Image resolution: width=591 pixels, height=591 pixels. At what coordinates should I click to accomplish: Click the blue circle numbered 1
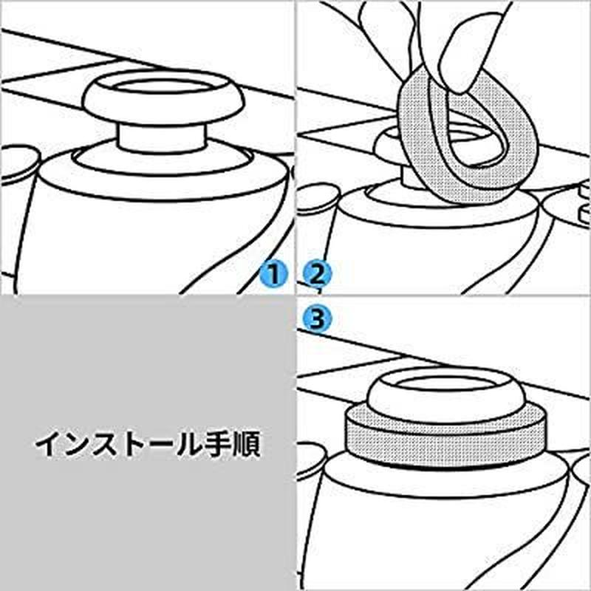(x=273, y=276)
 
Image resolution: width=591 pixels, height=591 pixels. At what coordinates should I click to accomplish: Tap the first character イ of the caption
(x=49, y=445)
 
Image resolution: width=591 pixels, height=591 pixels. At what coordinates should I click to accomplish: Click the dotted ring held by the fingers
(x=421, y=140)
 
